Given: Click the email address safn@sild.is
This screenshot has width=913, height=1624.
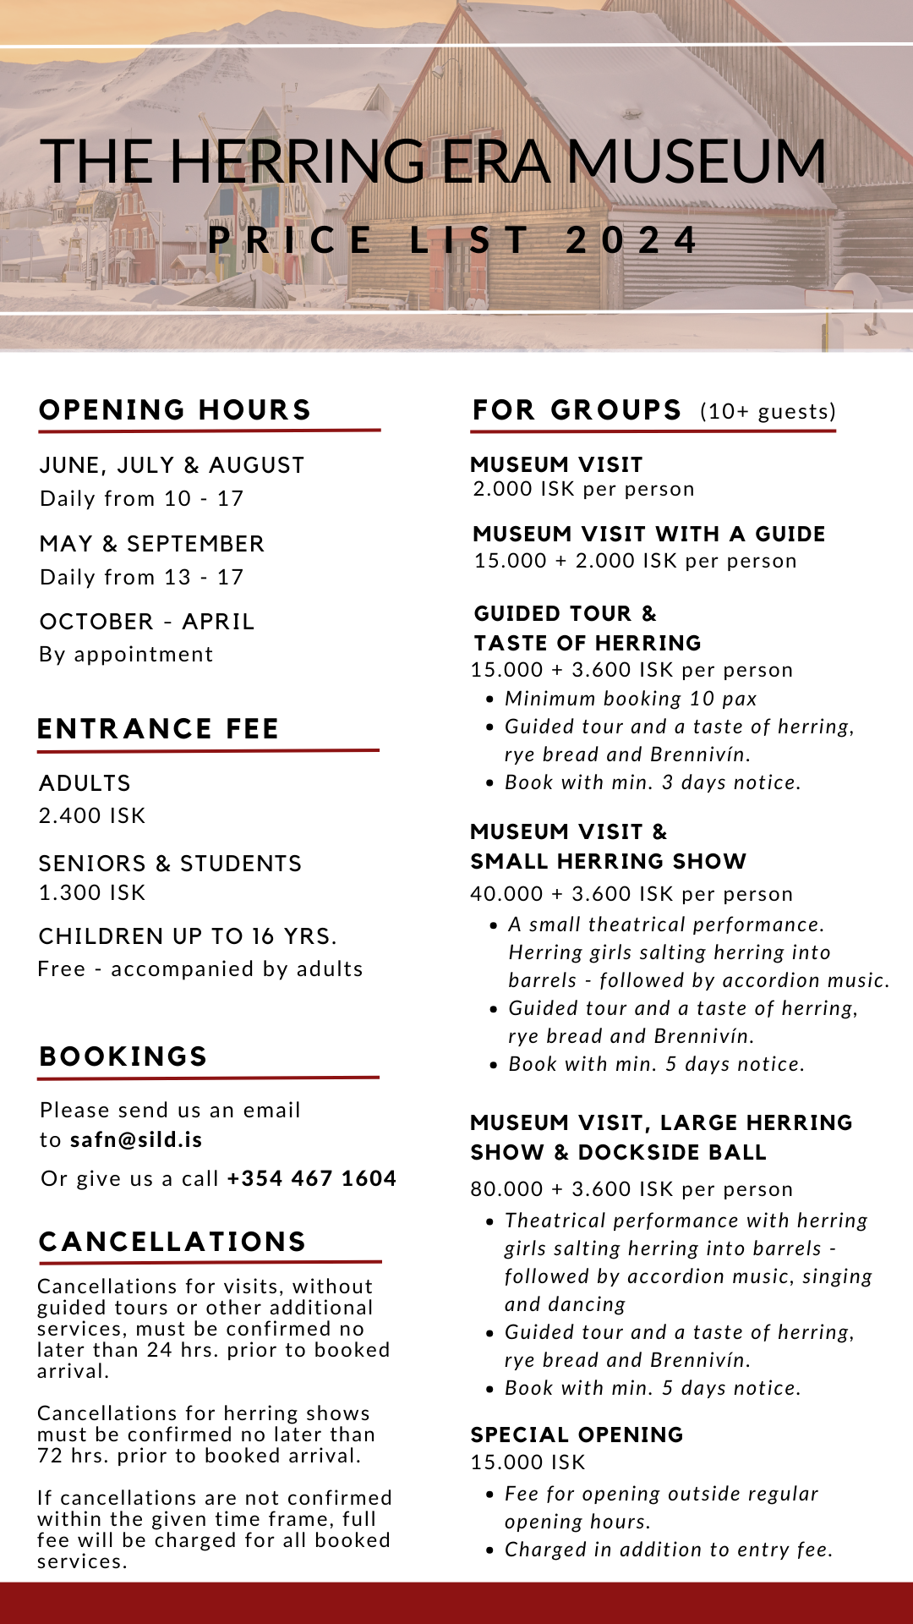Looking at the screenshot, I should point(136,1139).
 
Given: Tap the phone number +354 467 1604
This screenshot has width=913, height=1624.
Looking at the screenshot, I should point(311,1178).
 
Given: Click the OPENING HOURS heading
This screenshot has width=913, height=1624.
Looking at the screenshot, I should point(175,410).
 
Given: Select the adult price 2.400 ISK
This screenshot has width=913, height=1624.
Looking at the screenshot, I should point(92,815).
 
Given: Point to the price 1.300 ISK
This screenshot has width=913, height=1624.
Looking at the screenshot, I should point(92,892).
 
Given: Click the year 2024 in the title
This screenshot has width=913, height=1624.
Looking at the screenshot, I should point(631,240).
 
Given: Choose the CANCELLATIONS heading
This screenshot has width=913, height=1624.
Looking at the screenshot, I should point(172,1242).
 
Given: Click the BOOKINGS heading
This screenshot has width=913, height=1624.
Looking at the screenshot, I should point(123,1056).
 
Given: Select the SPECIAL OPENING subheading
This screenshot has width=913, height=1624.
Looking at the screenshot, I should point(577,1435).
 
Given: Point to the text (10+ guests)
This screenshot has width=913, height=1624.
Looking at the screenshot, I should point(768,412).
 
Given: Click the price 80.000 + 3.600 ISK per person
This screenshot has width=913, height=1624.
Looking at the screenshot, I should point(631,1188).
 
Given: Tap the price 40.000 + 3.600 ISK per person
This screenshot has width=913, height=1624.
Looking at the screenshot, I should point(631,894).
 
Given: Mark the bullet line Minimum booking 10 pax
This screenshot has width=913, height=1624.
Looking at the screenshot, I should point(631,699).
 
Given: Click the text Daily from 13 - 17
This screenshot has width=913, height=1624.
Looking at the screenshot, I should point(142,577).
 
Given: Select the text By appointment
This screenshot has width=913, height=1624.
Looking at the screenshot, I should point(126,654).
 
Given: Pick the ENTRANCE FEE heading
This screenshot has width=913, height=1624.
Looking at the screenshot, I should point(158,729).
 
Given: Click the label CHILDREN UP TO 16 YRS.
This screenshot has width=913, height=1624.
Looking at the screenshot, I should point(188,936).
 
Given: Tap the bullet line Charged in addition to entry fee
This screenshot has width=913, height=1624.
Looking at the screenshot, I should point(669,1550).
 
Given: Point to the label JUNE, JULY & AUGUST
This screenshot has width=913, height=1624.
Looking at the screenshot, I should point(172,465).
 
